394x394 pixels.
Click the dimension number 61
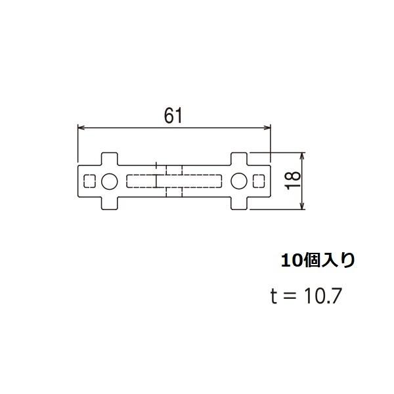(173, 116)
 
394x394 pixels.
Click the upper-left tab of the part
(110, 159)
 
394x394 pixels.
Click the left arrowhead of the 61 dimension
(81, 127)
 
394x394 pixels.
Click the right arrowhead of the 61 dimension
(268, 127)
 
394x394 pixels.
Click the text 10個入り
(318, 261)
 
